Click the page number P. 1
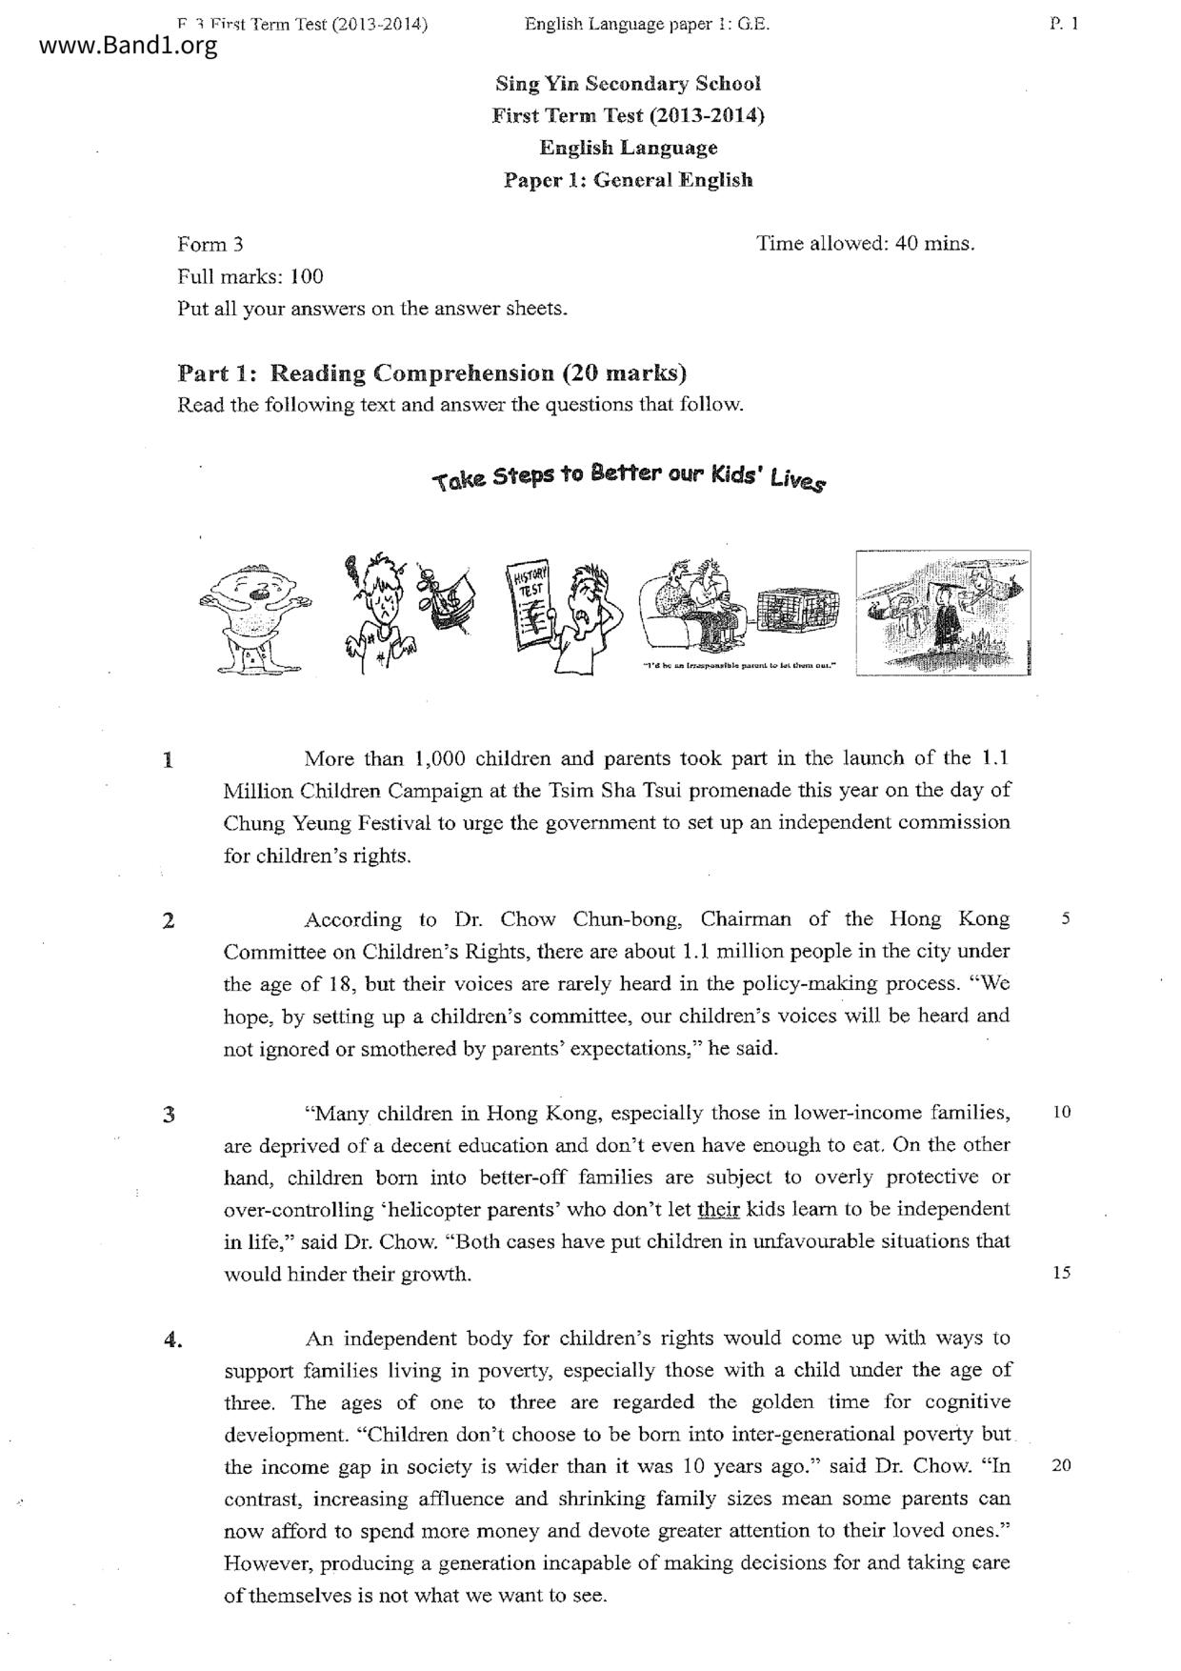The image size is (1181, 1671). (1064, 25)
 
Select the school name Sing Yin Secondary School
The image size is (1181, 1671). (628, 84)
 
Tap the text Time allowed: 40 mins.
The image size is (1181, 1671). (866, 244)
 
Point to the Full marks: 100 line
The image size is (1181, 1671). (250, 277)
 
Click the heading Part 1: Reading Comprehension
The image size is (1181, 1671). (432, 372)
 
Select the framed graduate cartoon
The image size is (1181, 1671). (943, 613)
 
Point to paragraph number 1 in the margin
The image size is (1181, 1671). (169, 760)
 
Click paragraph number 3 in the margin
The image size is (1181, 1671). (169, 1115)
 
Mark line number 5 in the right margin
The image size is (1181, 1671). (1065, 919)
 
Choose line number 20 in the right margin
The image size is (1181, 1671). (1062, 1465)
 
